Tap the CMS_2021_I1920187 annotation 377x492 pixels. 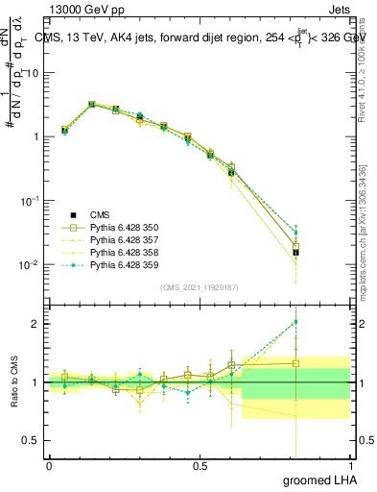[x=199, y=286]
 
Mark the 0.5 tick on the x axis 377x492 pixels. [x=200, y=465]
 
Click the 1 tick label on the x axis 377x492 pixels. [x=350, y=465]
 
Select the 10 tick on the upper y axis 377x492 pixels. [x=35, y=73]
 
